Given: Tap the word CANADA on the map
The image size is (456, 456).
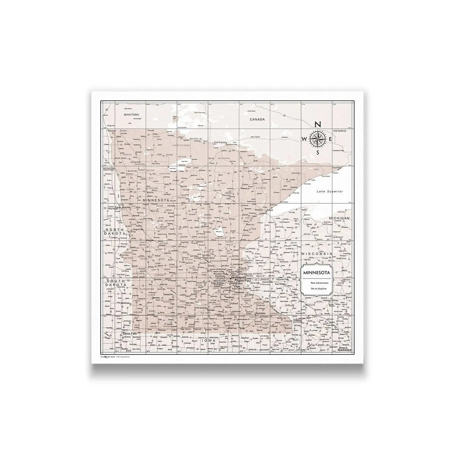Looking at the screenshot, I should click(x=257, y=119).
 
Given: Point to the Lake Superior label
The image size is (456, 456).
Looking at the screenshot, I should click(x=330, y=192).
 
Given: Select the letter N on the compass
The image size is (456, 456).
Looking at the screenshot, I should click(x=318, y=124).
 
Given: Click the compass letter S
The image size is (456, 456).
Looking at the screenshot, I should click(x=318, y=152).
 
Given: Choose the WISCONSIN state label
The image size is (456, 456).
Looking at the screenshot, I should click(x=317, y=253).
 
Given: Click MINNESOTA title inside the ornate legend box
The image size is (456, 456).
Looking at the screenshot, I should click(x=317, y=272).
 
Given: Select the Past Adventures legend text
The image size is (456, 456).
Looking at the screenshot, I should click(x=317, y=283).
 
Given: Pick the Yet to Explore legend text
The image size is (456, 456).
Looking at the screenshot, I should click(x=317, y=289).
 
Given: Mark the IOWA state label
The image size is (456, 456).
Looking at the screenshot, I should click(x=208, y=340).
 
